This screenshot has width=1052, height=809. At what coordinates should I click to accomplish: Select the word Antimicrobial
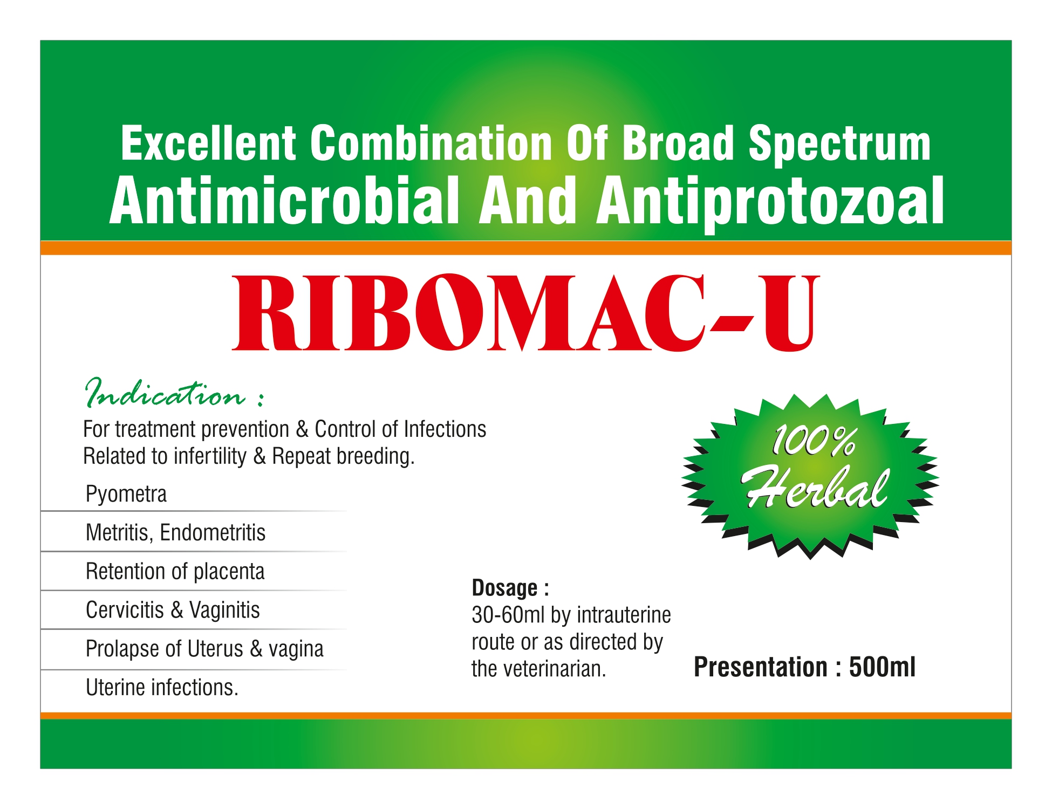tap(284, 201)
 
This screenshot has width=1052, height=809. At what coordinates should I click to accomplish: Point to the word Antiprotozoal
tap(770, 203)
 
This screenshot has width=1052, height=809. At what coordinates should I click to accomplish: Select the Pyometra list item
tap(126, 494)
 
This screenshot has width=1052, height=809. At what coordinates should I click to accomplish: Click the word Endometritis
tap(213, 533)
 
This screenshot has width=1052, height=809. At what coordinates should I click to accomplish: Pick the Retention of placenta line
tap(175, 572)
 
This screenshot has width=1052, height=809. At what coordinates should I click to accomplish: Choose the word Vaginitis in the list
tap(224, 611)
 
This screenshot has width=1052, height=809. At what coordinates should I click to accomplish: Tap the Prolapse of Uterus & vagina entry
tap(204, 649)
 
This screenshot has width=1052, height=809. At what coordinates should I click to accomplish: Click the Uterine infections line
tap(162, 688)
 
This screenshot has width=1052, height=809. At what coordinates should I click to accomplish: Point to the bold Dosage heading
tap(510, 588)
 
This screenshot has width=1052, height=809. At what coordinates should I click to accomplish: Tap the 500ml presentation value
tap(882, 667)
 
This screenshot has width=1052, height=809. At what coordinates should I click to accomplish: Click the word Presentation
tap(761, 667)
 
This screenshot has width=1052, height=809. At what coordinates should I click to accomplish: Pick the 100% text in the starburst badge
tap(813, 441)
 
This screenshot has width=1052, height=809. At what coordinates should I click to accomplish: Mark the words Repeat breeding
tap(343, 456)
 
